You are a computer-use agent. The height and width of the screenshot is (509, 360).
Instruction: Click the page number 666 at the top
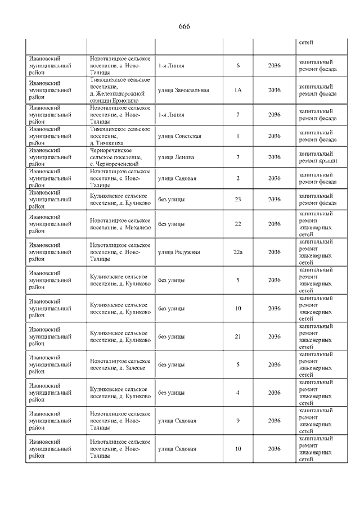(x=183, y=26)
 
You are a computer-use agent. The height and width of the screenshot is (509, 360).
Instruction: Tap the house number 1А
(x=238, y=90)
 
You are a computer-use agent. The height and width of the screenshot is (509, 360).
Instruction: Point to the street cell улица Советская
(x=179, y=136)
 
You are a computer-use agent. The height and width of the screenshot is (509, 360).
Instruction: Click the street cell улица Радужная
(x=179, y=252)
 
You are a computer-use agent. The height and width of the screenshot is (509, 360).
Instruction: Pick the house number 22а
(x=238, y=252)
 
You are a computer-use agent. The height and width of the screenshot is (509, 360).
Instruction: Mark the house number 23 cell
(x=238, y=199)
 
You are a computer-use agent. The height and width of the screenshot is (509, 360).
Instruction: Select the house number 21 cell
(x=238, y=336)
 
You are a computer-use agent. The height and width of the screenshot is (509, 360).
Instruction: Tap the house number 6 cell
(x=238, y=66)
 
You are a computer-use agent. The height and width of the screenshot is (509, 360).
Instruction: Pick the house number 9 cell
(x=238, y=421)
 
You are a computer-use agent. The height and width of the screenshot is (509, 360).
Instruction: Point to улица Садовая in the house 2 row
(x=177, y=178)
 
